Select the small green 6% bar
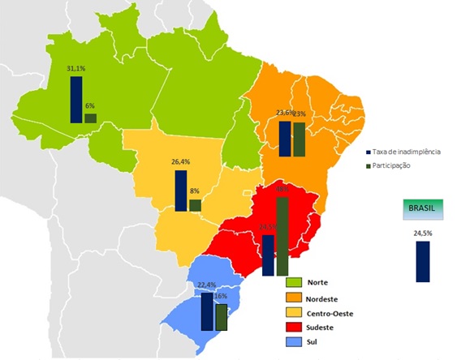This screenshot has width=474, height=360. [x=90, y=118]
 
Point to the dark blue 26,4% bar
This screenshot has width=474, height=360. [x=181, y=191]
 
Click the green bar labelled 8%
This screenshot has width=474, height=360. [x=195, y=205]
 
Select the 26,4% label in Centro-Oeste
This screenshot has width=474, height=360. [x=181, y=162]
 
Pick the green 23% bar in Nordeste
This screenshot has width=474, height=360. [x=299, y=139]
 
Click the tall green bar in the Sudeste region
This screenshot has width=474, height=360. [x=282, y=235]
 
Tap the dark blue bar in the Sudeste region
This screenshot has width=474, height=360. [x=268, y=255]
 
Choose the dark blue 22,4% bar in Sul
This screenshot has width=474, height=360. [x=207, y=311]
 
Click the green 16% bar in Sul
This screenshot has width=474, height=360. [x=221, y=317]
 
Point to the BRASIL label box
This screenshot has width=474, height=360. [x=422, y=208]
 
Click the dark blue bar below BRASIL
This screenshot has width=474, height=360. [x=422, y=261]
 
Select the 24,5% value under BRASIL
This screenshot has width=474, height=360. [x=422, y=234]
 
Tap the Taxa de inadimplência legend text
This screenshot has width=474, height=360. [x=407, y=152]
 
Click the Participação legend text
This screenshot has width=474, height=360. [x=394, y=165]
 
